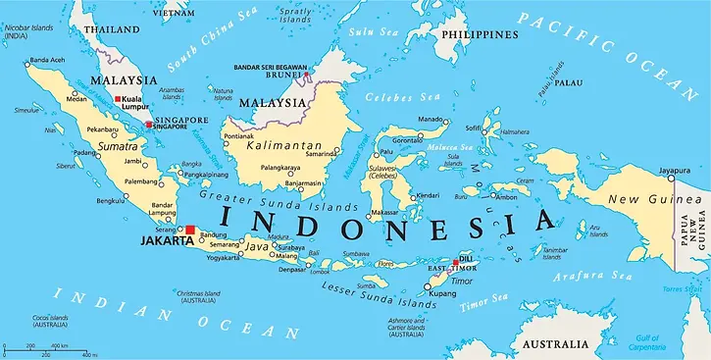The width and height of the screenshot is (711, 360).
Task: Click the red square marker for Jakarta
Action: pos(192,232)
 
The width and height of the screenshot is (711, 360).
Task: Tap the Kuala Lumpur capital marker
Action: pos(119,100)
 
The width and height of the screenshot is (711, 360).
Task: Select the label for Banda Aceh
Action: pos(48,61)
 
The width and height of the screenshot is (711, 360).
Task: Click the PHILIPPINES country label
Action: pos(479,34)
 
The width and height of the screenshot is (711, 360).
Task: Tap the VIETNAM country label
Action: pos(174,16)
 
